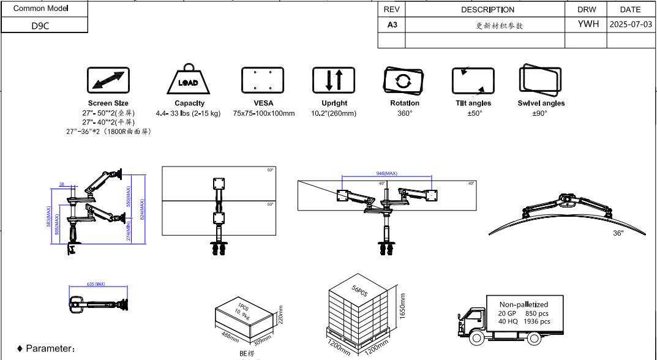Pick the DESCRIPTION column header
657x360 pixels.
(487, 10)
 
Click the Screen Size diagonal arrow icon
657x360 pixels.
(108, 81)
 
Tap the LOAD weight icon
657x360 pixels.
(189, 80)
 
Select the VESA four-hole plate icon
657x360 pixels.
(262, 80)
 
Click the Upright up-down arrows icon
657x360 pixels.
(334, 80)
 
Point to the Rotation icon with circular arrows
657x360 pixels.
(404, 80)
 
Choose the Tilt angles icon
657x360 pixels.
(473, 80)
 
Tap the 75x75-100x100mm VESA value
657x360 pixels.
(264, 114)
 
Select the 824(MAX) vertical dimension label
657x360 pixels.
(142, 209)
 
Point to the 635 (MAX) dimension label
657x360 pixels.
(97, 285)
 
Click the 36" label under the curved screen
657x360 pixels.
(618, 233)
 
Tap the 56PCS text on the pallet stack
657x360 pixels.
(359, 290)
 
